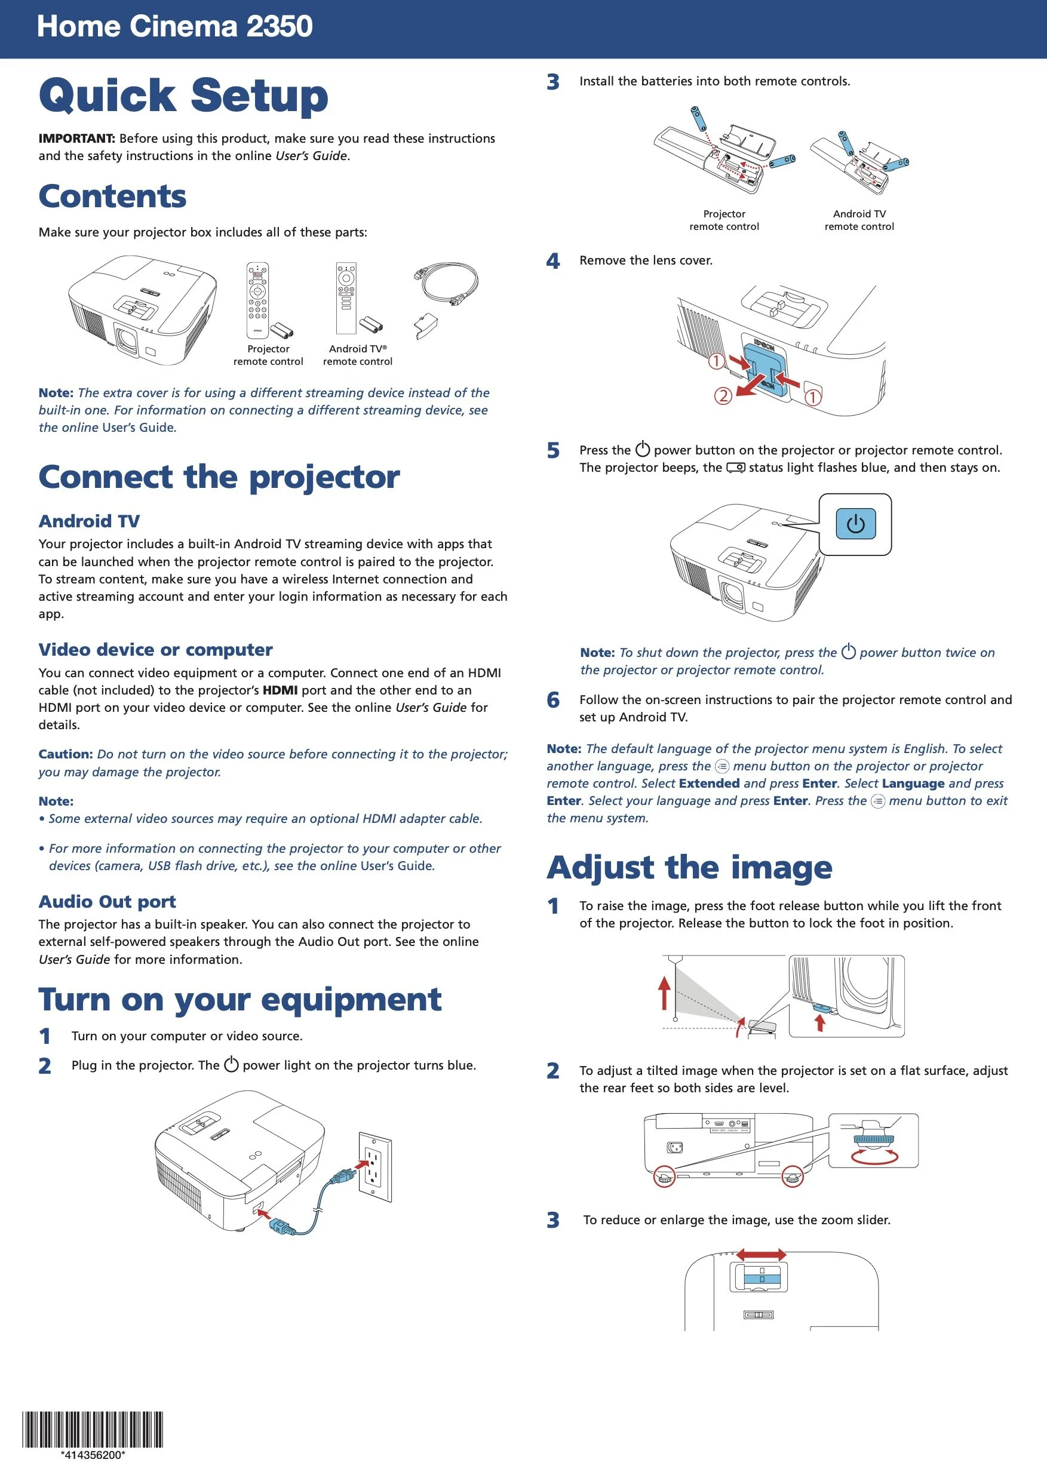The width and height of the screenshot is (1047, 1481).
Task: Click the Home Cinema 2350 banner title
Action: coord(175,27)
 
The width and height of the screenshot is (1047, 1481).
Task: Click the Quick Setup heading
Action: coord(184,96)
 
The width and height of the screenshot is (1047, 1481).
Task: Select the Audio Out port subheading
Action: coord(107,901)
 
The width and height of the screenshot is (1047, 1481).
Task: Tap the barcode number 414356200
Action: coord(93,1455)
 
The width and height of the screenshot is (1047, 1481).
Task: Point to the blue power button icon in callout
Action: coord(855,524)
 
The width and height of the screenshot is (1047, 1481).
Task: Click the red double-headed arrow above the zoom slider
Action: coord(762,1255)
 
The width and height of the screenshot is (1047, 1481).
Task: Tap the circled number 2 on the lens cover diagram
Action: coord(723,395)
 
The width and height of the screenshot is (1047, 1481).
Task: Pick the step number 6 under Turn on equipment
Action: coord(553,700)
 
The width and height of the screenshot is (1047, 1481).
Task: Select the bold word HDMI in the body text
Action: coord(280,690)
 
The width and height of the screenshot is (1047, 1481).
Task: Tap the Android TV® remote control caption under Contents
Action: coord(357,355)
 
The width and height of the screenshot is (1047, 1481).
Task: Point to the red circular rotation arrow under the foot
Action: coord(874,1157)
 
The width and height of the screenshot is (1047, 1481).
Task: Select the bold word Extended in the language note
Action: coord(709,783)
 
